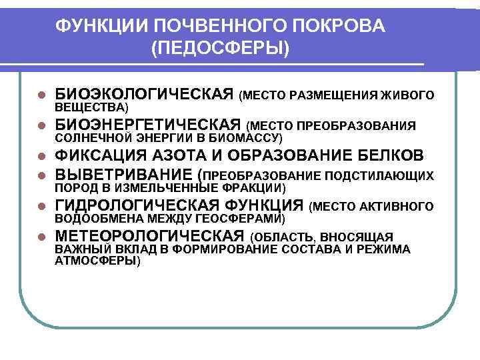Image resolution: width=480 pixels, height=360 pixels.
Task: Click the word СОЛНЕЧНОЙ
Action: click(89, 137)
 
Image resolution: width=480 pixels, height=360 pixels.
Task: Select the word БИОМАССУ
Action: click(249, 137)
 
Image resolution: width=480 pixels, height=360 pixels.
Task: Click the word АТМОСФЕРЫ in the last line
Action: click(96, 261)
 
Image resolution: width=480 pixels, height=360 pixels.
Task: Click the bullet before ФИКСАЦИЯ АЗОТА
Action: click(41, 157)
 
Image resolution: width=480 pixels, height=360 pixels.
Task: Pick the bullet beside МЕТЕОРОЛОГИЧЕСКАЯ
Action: click(41, 237)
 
